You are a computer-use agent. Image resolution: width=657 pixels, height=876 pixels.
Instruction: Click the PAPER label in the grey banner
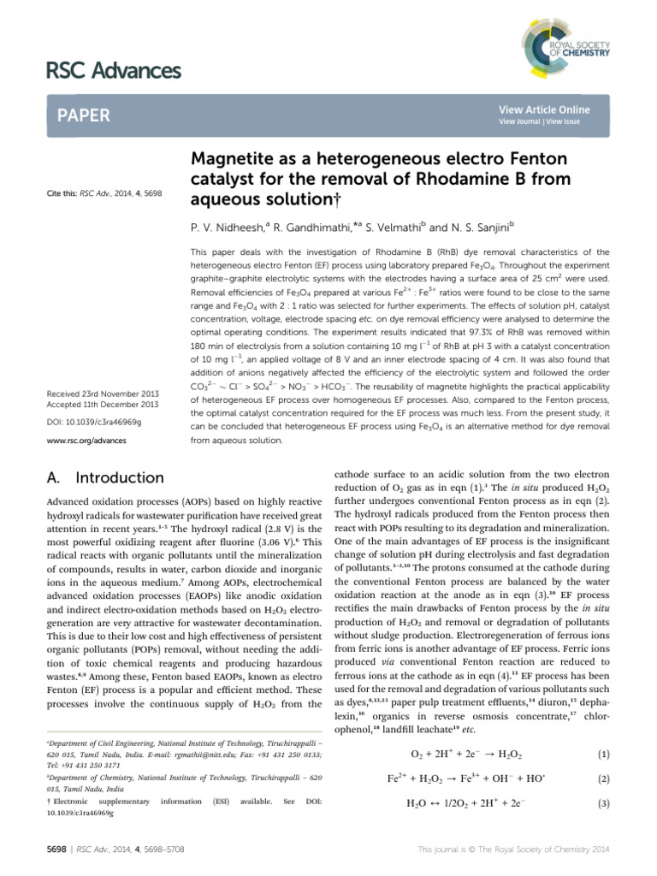85,115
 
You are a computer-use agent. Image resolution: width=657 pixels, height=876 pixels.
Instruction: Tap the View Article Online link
544,110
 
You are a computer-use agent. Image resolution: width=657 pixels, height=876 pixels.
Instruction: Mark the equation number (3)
603,803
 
